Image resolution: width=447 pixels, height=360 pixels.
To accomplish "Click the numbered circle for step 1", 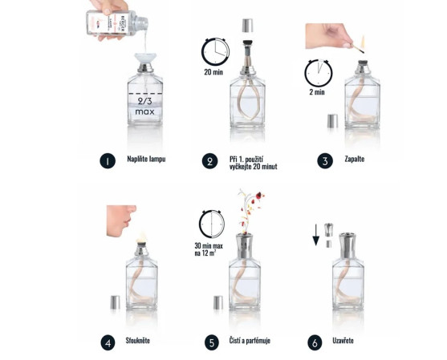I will (107, 161).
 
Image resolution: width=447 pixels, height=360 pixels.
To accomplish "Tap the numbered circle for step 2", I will (210, 161).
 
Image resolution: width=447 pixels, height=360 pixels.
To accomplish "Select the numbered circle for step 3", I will (325, 161).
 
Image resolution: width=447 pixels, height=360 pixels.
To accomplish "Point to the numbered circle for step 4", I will (107, 343).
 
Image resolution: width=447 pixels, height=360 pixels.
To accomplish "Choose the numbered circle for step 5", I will (211, 343).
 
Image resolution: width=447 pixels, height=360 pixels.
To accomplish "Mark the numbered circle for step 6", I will (315, 343).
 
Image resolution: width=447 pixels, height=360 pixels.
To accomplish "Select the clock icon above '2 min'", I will (319, 74).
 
